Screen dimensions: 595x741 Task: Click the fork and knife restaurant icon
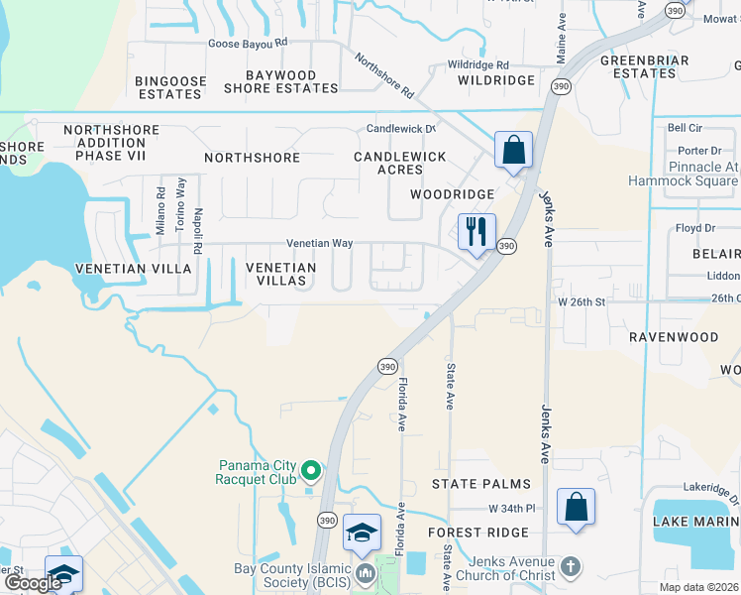point(476,232)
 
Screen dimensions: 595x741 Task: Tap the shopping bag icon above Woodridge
point(514,151)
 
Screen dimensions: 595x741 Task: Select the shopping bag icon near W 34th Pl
point(576,508)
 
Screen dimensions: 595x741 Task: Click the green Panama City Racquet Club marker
point(311,471)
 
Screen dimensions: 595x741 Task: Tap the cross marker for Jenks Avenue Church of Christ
point(570,567)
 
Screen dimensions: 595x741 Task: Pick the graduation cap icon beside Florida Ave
point(362,533)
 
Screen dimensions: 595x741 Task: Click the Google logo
point(33,583)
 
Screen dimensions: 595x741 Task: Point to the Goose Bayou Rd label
point(248,43)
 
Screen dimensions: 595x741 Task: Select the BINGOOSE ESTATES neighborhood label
point(169,87)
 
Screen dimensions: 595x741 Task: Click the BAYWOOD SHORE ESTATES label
point(280,81)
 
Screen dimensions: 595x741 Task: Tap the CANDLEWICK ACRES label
point(400,164)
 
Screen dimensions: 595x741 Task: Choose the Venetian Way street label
point(319,243)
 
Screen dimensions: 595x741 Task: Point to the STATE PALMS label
point(480,484)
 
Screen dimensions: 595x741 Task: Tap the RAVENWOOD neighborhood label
point(674,337)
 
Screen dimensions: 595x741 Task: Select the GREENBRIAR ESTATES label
point(638,66)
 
